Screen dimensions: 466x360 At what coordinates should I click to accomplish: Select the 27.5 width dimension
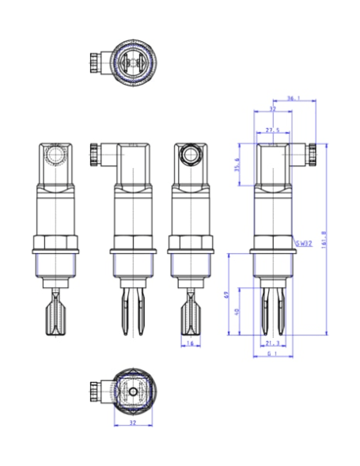(x=273, y=129)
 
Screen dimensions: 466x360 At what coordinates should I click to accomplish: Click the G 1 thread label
(x=271, y=356)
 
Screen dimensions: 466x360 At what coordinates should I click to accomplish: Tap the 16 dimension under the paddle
(x=190, y=343)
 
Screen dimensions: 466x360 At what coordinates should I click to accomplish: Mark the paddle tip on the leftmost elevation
(x=55, y=320)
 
